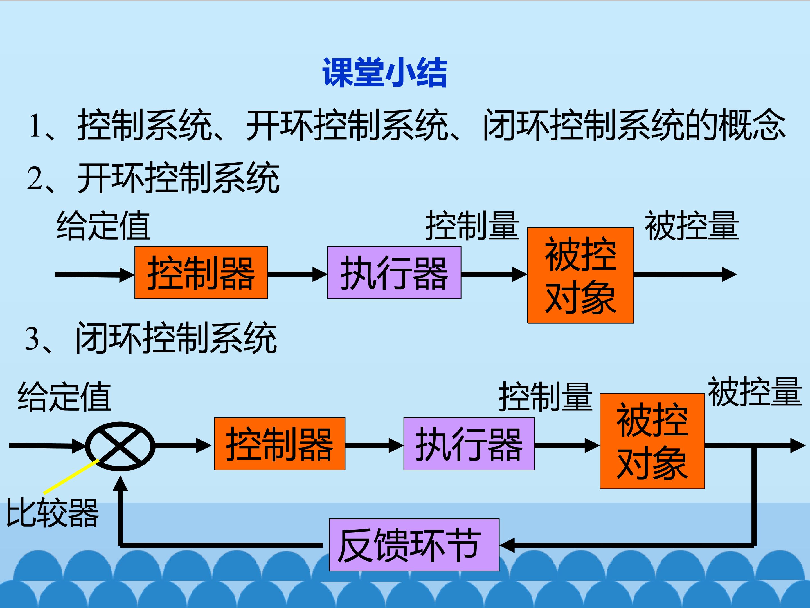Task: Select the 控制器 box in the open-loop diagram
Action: click(201, 273)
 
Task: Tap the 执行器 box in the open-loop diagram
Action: click(394, 273)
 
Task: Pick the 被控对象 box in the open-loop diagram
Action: click(580, 275)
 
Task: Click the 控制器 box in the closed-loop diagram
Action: click(279, 444)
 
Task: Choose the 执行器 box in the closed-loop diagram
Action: click(469, 444)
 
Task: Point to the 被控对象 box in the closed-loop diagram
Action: click(652, 441)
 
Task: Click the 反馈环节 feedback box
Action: click(414, 545)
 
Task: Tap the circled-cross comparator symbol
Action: click(120, 446)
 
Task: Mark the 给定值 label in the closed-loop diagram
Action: click(64, 397)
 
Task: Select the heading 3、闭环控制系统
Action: click(150, 338)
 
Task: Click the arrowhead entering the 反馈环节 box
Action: click(507, 545)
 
